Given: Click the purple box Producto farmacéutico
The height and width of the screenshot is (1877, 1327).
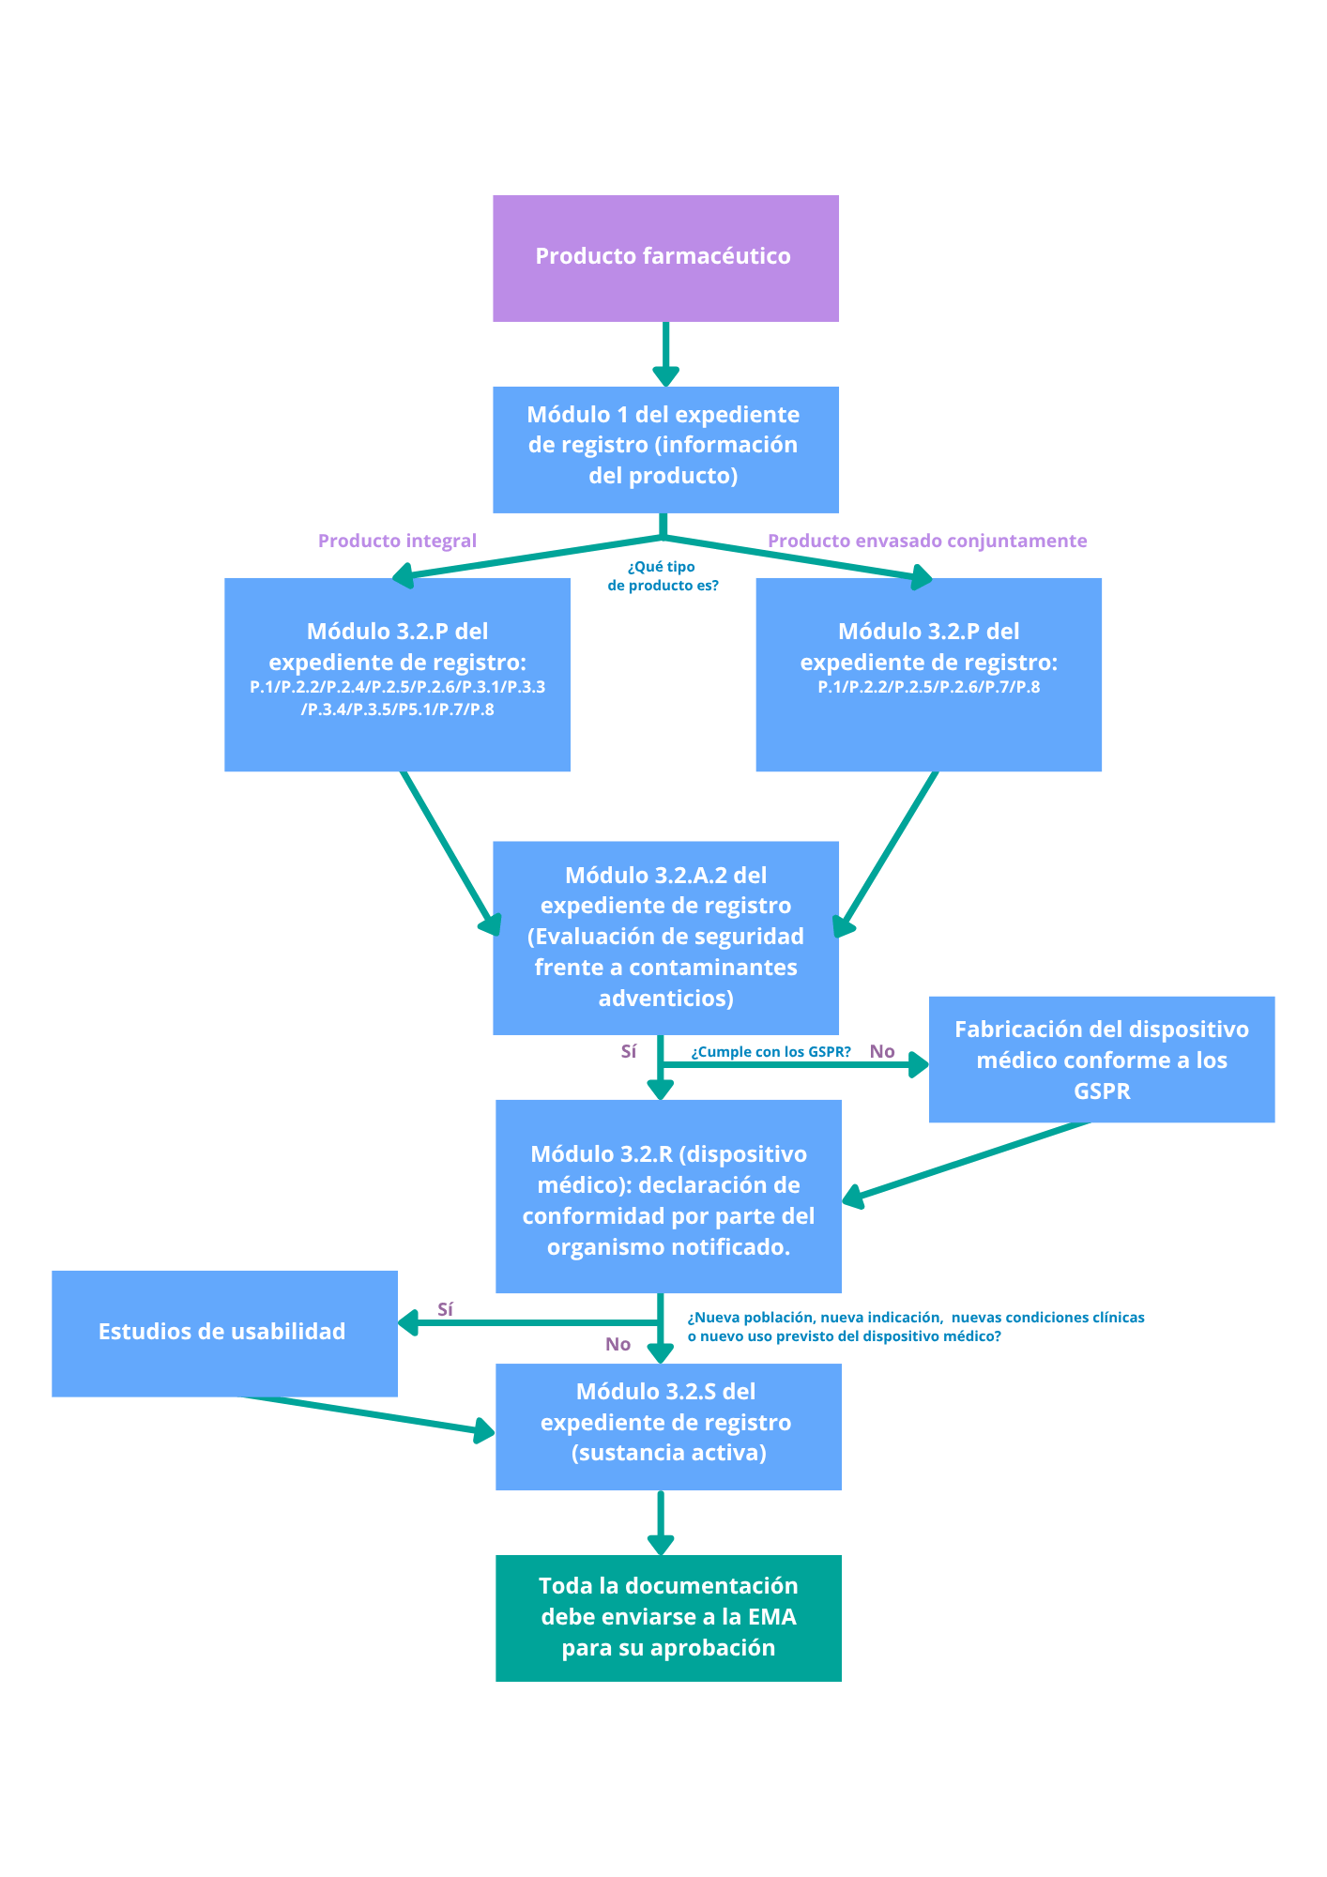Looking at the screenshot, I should point(665,257).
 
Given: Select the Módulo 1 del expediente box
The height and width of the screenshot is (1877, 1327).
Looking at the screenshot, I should point(665,448).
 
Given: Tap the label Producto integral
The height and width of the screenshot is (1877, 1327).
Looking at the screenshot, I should point(397,541).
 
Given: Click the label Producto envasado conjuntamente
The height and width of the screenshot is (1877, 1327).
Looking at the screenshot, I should point(927,541).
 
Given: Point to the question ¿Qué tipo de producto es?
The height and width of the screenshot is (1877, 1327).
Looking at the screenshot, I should point(663,575).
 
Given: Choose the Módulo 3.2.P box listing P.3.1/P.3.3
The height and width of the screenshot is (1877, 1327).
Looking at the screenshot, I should point(397,673).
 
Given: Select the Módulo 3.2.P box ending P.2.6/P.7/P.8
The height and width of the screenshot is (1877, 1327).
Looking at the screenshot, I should point(928,673).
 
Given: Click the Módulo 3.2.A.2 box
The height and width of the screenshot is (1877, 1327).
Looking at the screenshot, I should point(665,937).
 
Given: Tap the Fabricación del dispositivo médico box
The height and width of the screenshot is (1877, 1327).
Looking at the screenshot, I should point(1101,1059).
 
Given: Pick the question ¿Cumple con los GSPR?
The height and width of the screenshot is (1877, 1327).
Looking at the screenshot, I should point(770,1052).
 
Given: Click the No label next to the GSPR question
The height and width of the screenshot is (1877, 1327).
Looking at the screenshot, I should point(882,1051).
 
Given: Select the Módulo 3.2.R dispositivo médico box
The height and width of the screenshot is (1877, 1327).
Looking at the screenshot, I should point(668,1196).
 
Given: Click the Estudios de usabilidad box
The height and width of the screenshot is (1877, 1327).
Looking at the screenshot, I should point(224,1332).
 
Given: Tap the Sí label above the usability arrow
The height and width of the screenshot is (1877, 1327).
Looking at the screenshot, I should point(446,1308).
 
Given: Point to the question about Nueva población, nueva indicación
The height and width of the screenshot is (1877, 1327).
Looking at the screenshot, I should point(915,1326).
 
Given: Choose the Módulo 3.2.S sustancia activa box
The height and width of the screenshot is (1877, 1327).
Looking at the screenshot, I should point(668,1426).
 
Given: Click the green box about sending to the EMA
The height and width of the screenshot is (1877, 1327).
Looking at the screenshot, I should point(668,1616).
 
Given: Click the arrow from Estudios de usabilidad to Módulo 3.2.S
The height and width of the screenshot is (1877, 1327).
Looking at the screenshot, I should point(375,1415).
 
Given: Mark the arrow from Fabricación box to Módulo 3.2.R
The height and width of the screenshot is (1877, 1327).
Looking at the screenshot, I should point(967,1161).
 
